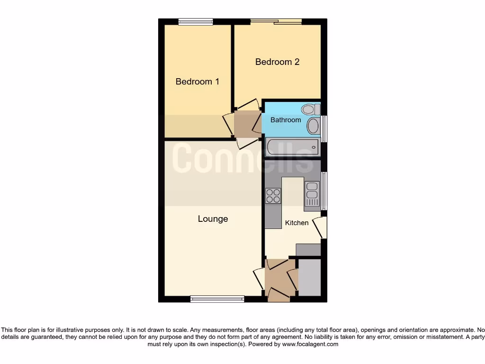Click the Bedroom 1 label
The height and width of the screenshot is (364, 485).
[197, 82]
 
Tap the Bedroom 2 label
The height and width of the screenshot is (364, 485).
[277, 62]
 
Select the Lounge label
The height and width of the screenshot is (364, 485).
[213, 218]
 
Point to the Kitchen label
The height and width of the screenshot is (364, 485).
[296, 223]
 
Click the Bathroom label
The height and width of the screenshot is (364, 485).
[286, 120]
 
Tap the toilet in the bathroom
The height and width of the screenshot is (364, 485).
[310, 109]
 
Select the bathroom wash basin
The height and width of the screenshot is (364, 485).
[313, 126]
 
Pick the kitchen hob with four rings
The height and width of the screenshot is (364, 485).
[273, 196]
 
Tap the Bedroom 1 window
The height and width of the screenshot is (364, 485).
[196, 21]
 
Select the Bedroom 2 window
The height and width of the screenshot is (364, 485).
[277, 21]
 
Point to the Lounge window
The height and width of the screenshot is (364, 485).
[217, 299]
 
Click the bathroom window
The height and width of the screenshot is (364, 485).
[324, 128]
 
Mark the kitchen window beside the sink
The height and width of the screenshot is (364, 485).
[324, 191]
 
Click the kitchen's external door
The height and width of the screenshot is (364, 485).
[322, 227]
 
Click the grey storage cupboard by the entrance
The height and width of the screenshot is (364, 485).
[310, 277]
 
